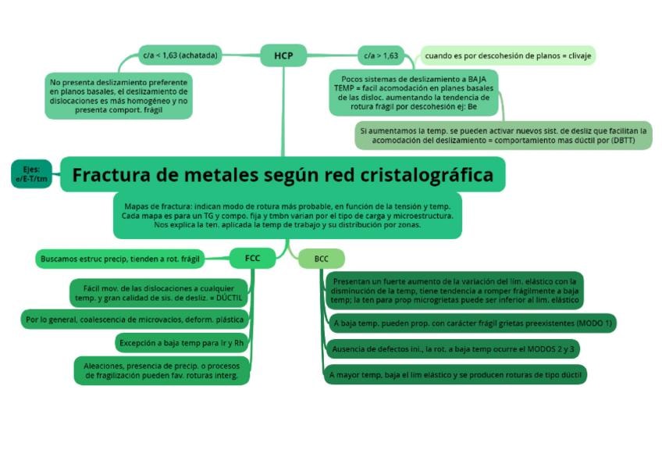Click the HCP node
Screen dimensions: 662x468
[283, 55]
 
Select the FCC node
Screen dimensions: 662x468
[252, 258]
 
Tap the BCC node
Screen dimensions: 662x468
[322, 259]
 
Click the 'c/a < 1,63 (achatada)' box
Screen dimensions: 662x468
[180, 55]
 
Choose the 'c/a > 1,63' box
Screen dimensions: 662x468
[381, 55]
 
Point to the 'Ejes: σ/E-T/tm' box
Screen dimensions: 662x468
[31, 174]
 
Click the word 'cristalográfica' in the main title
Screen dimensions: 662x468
[426, 174]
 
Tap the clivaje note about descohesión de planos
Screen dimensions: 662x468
[507, 55]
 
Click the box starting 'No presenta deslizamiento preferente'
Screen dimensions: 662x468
[119, 97]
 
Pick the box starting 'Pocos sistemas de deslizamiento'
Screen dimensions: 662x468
[414, 92]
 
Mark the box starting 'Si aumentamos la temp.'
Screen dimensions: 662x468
[504, 135]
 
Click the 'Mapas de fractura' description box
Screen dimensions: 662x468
[287, 215]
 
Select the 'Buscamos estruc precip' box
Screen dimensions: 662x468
[120, 258]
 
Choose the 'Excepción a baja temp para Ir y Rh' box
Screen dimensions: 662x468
[181, 342]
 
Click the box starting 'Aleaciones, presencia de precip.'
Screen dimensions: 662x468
[162, 370]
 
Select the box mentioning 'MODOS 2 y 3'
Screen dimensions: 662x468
[453, 349]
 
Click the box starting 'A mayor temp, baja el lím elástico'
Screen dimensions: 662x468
[455, 375]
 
